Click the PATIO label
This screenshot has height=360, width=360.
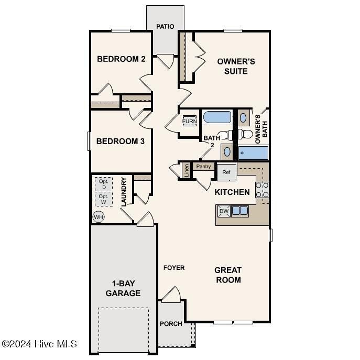point(165,26)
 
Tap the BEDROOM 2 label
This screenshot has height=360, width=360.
point(121,59)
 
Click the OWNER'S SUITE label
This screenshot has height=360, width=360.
point(236,66)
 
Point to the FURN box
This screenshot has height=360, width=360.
point(189,122)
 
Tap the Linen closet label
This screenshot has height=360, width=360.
point(186,170)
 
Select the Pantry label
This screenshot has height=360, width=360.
point(203,167)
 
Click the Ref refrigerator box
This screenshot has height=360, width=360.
point(226,172)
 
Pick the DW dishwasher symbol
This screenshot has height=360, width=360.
point(224,211)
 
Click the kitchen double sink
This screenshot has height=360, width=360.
point(240,211)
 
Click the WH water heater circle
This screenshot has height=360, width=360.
point(98,216)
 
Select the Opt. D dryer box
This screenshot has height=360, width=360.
point(104,184)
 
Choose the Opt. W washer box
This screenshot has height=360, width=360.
point(104,199)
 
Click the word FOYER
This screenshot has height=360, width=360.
point(174,268)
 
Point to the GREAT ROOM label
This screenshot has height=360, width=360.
point(228,275)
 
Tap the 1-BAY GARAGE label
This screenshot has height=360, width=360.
point(123,289)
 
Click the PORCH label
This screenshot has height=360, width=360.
point(171,324)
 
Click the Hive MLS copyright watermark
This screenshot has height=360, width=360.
point(39,344)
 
